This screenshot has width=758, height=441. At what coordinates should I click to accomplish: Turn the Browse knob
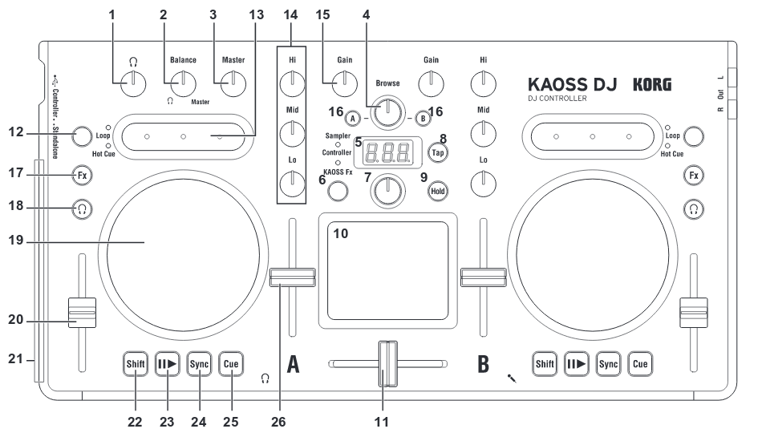pos(387,113)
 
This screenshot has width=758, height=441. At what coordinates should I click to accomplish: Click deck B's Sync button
pos(608,363)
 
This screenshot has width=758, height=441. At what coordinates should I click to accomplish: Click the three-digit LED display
pos(389,148)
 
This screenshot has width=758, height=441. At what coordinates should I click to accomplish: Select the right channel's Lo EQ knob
pos(482,186)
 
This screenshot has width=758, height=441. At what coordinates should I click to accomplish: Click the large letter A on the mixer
pos(294,364)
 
